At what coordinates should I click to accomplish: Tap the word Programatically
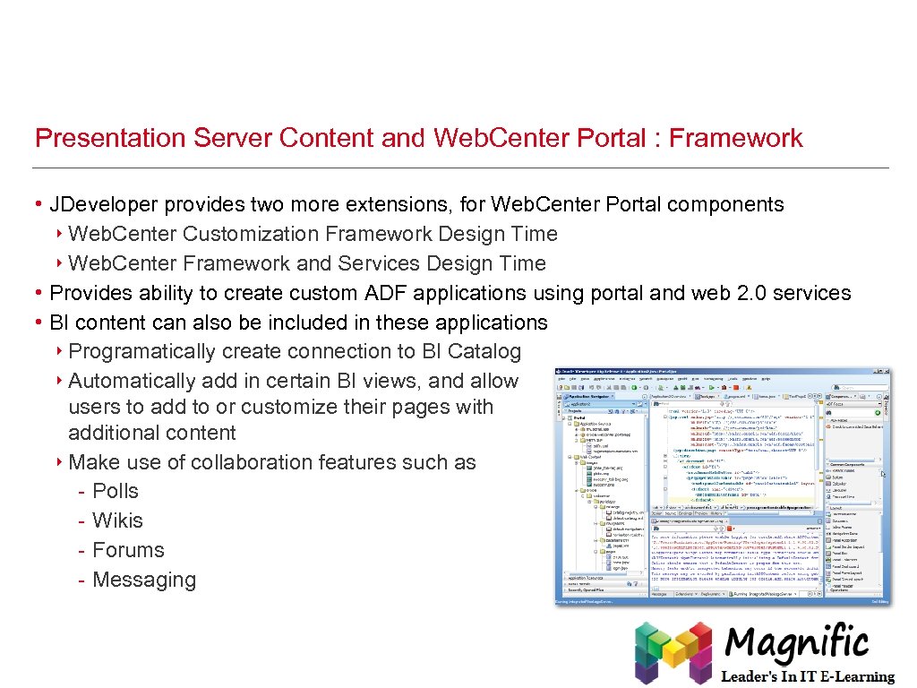click(141, 351)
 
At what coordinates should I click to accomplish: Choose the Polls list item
click(116, 491)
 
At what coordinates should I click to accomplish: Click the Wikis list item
click(117, 520)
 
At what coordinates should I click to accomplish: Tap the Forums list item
click(128, 550)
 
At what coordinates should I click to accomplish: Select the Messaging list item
click(143, 580)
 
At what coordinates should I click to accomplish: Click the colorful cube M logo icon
click(673, 652)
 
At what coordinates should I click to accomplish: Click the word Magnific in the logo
click(797, 643)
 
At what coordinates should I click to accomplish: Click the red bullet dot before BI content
click(39, 322)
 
